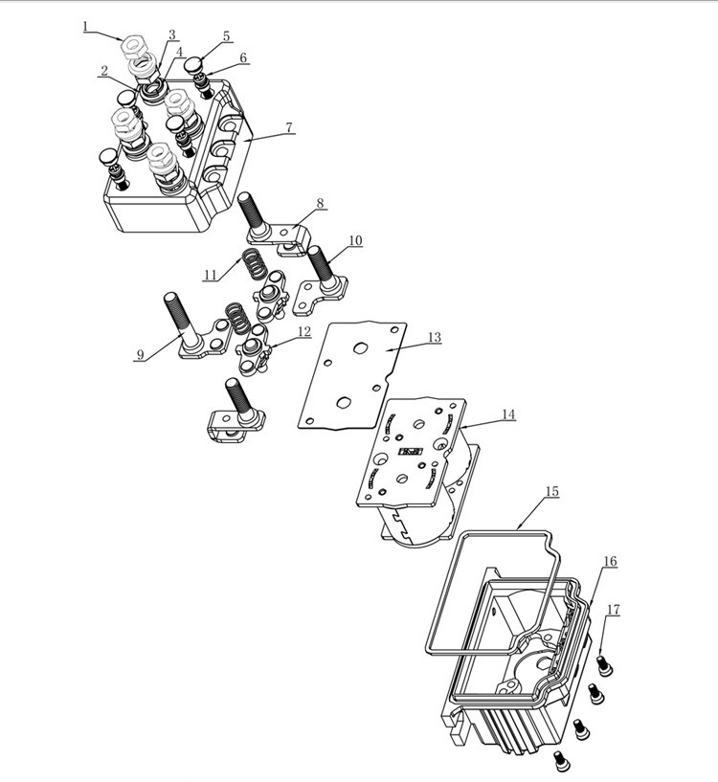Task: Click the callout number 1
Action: tap(87, 27)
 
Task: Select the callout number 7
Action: tap(289, 128)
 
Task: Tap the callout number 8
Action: tap(320, 204)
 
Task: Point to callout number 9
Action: tap(140, 354)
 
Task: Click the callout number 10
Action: tap(354, 241)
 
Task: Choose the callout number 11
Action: tap(211, 275)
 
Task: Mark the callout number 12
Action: tap(303, 332)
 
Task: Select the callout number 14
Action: tap(507, 414)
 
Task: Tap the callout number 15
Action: tap(551, 491)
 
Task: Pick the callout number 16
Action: tap(610, 561)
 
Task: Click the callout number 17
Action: tap(613, 610)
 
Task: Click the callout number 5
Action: tap(226, 36)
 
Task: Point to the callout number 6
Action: tap(243, 58)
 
